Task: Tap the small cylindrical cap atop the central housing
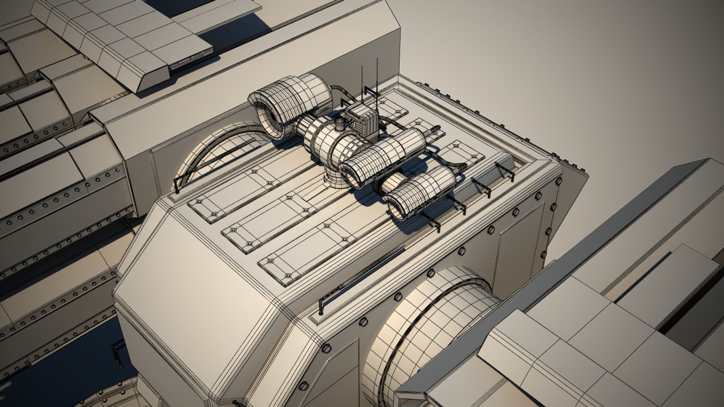pos(340,123)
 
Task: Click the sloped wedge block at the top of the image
pos(151,75)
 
